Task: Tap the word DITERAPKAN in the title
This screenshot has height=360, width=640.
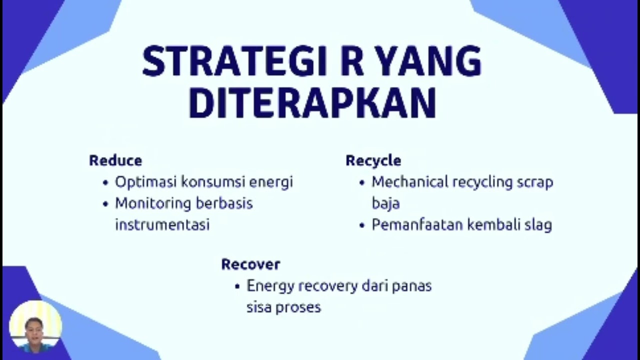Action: (x=312, y=103)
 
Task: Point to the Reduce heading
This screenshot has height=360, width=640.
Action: (x=115, y=160)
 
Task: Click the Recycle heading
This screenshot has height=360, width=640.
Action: (x=373, y=160)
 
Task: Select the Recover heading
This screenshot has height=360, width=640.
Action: (x=250, y=264)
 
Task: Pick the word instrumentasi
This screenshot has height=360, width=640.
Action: (x=162, y=224)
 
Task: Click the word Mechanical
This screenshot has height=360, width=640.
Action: (x=410, y=182)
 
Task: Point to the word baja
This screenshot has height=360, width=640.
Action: (x=385, y=203)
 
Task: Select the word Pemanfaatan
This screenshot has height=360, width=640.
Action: (x=417, y=225)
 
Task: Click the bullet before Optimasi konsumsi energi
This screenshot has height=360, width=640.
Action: (x=105, y=182)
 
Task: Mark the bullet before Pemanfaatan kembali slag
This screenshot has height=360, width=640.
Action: (x=362, y=225)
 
